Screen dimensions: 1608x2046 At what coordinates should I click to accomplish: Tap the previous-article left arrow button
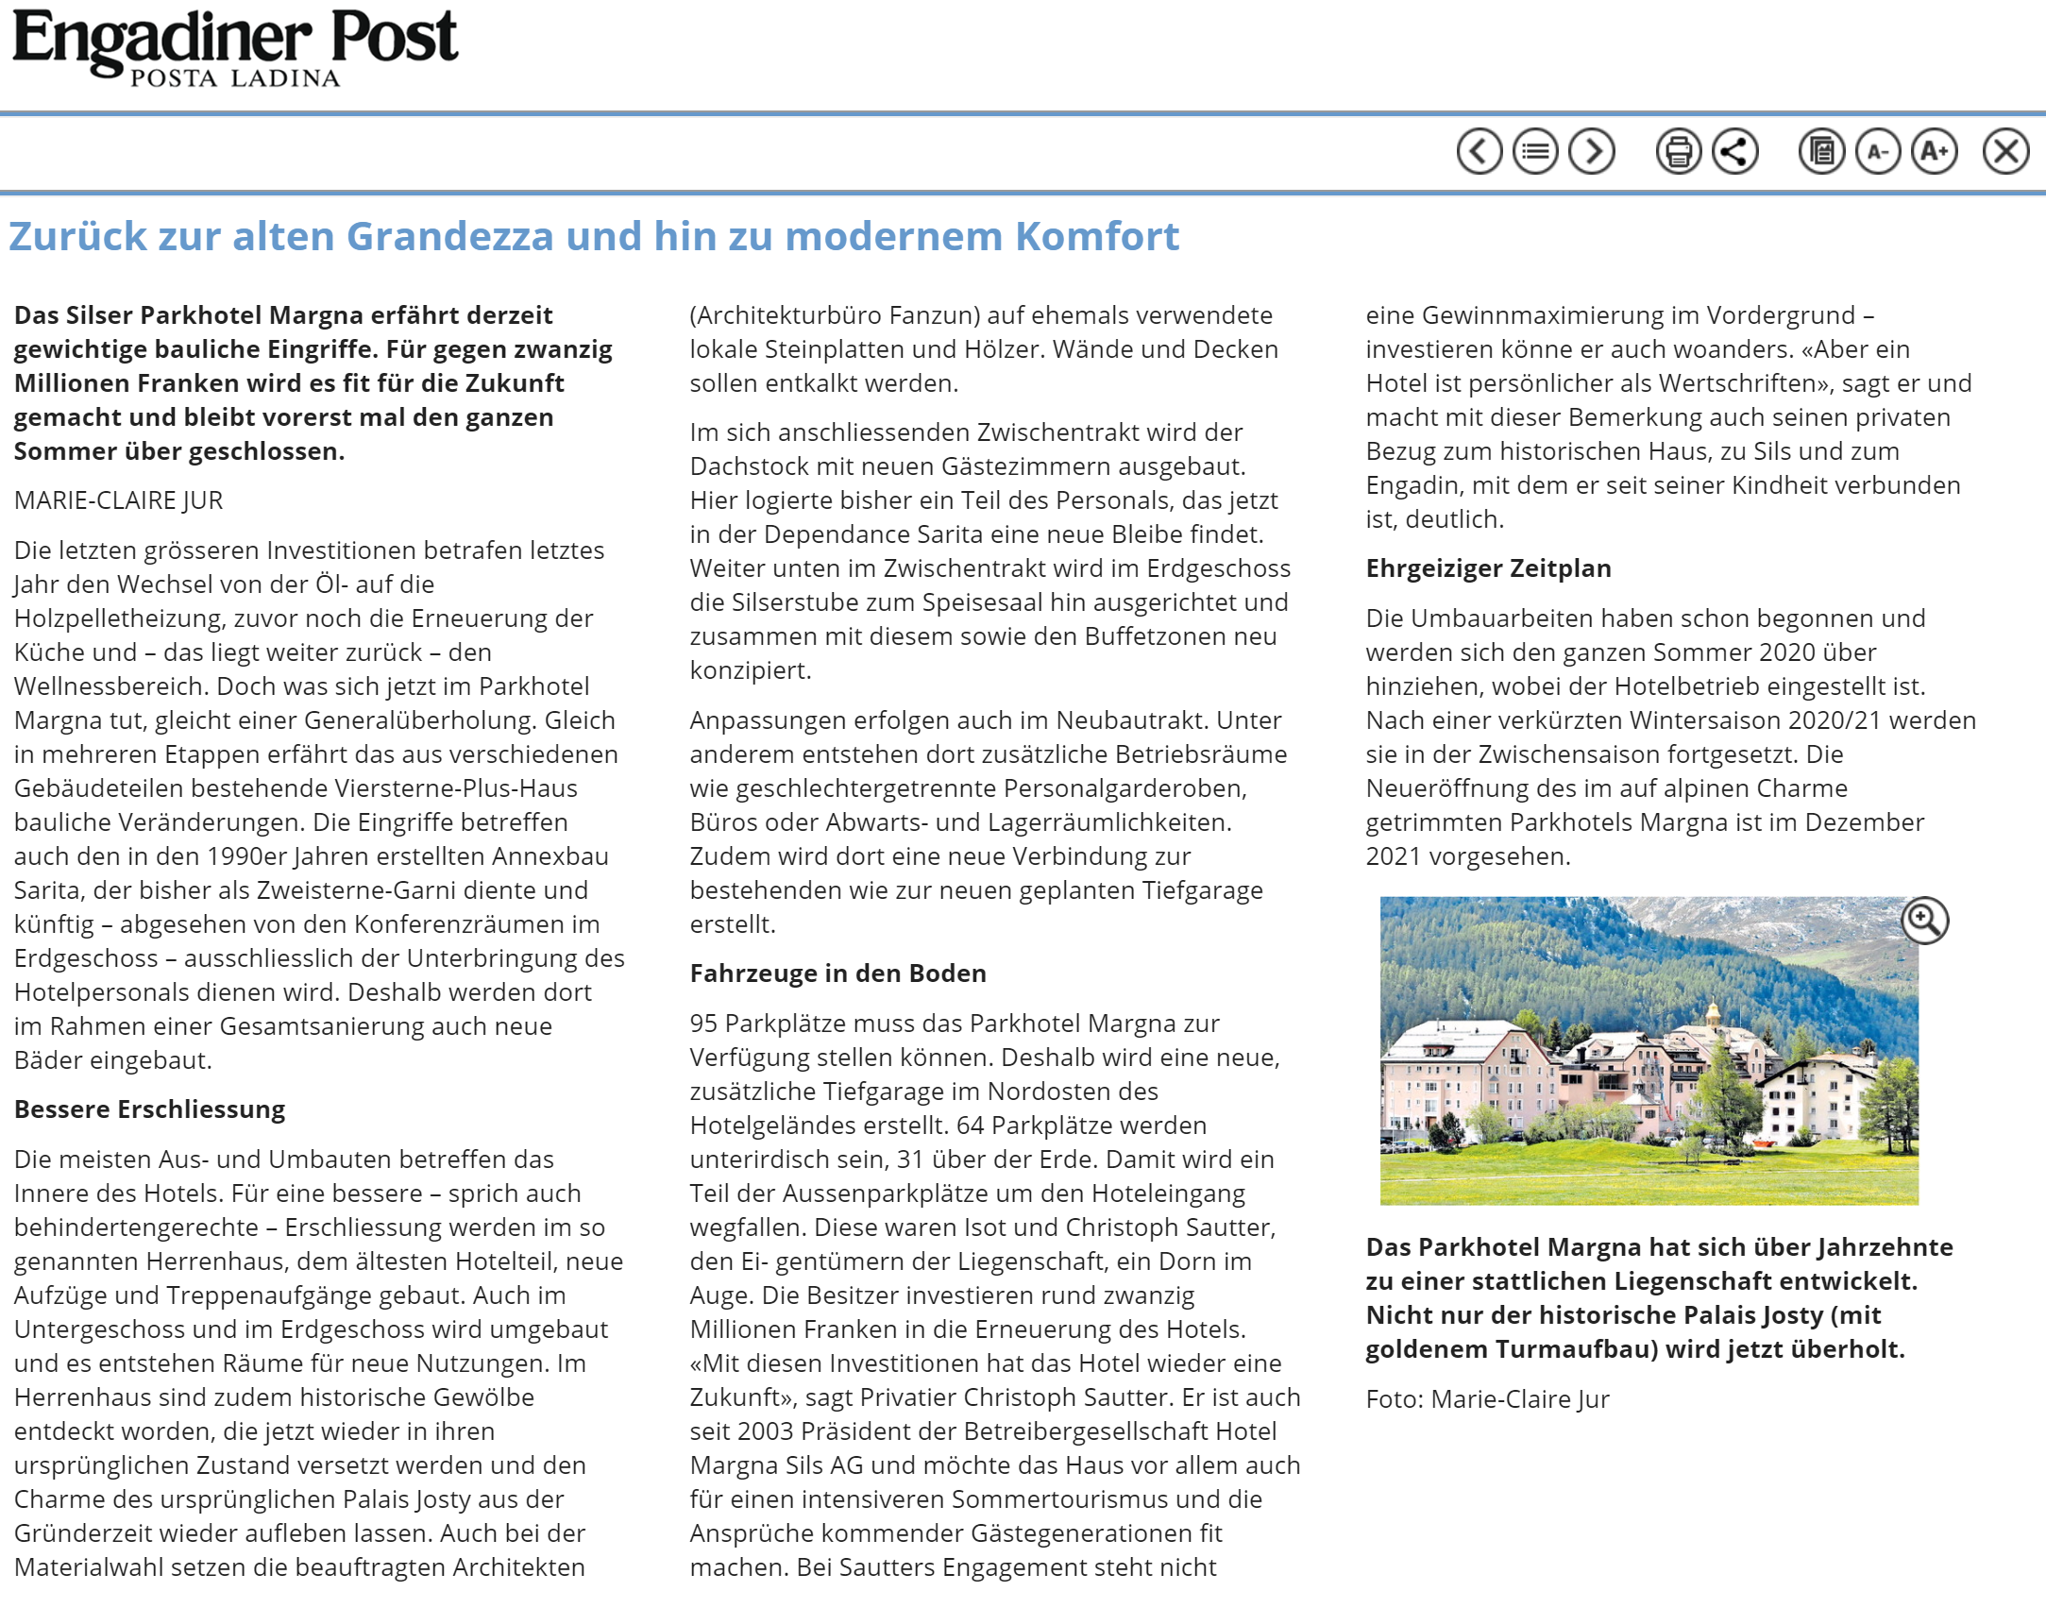pyautogui.click(x=1479, y=151)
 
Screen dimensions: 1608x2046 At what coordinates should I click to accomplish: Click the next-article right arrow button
pyautogui.click(x=1592, y=151)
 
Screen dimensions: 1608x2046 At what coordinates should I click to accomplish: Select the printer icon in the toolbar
pyautogui.click(x=1679, y=151)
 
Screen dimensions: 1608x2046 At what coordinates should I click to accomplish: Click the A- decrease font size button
pyautogui.click(x=1878, y=151)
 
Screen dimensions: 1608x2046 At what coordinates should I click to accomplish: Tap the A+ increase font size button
pyautogui.click(x=1935, y=151)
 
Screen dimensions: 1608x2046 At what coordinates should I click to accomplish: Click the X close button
pyautogui.click(x=2005, y=151)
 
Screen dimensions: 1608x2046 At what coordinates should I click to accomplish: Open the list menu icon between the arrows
pyautogui.click(x=1535, y=151)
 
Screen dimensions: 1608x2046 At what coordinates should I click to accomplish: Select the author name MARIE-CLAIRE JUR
pyautogui.click(x=118, y=500)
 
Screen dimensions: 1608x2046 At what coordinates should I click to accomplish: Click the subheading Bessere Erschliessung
pyautogui.click(x=149, y=1109)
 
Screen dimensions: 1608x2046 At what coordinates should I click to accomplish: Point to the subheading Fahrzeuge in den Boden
pyautogui.click(x=837, y=973)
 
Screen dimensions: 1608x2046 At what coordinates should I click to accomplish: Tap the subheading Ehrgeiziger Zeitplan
pyautogui.click(x=1488, y=568)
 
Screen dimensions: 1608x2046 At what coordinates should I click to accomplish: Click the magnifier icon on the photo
pyautogui.click(x=1924, y=920)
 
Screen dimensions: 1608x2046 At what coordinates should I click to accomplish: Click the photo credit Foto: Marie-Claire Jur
pyautogui.click(x=1487, y=1399)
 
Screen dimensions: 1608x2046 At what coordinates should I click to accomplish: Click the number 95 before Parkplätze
pyautogui.click(x=703, y=1024)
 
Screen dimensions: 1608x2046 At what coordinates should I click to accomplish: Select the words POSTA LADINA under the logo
pyautogui.click(x=235, y=78)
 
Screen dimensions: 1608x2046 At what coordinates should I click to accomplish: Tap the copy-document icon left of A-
pyautogui.click(x=1821, y=151)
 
